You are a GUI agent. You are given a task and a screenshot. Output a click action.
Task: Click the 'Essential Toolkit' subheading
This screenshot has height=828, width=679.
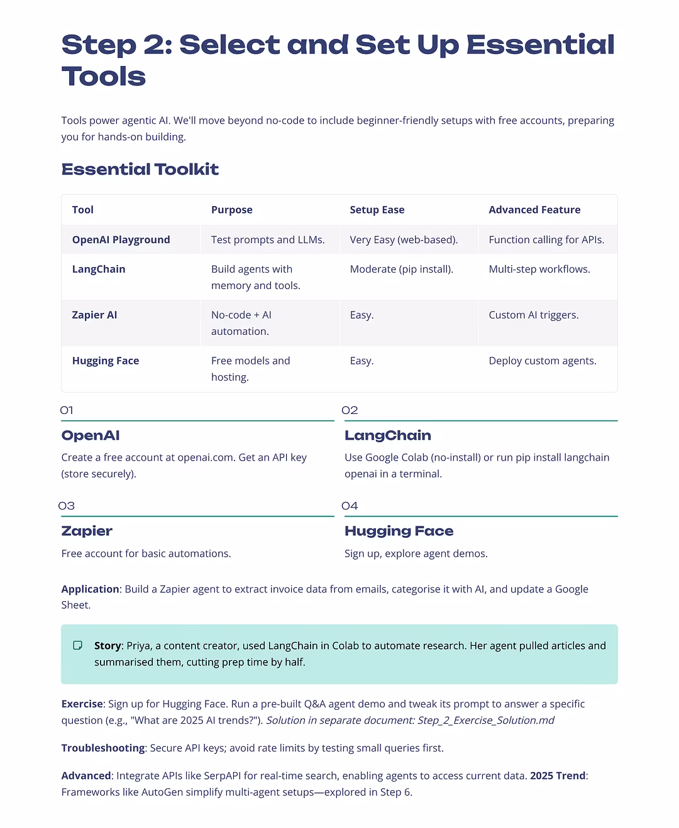140,169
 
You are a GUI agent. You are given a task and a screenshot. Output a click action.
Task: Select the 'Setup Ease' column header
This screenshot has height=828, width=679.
377,210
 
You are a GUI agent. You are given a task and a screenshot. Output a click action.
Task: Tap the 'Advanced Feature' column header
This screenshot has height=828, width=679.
534,210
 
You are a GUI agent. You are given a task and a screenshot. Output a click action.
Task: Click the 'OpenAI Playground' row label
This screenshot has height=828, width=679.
121,239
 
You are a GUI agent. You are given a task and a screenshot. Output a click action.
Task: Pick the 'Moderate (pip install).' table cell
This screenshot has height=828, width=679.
401,269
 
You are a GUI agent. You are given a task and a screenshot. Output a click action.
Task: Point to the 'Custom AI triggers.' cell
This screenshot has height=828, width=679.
533,315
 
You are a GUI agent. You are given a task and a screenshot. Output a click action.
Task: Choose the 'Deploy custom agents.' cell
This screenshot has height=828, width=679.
542,361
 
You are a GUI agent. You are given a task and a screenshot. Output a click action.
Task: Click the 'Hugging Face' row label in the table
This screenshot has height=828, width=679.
106,361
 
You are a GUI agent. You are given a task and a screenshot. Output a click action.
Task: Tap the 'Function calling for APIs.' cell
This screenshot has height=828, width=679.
546,239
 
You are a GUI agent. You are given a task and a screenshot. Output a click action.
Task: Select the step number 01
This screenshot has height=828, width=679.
67,410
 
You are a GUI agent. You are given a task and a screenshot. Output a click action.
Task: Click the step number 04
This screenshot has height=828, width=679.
350,506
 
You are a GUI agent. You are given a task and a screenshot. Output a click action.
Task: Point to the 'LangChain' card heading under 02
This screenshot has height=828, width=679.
387,435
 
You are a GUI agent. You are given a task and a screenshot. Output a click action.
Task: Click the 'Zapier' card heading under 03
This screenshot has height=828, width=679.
87,531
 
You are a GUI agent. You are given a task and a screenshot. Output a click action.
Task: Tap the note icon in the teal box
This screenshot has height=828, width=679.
78,645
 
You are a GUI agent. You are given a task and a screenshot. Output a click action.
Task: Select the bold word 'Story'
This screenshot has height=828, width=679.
108,645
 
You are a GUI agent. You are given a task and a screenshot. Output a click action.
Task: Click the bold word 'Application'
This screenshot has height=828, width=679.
90,589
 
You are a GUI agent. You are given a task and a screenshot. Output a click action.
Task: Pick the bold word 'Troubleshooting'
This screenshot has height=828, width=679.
103,748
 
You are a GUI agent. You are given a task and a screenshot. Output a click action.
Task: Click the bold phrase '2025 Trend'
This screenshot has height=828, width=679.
558,775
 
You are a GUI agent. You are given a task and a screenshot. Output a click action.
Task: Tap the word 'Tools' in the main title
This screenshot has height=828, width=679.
104,77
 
